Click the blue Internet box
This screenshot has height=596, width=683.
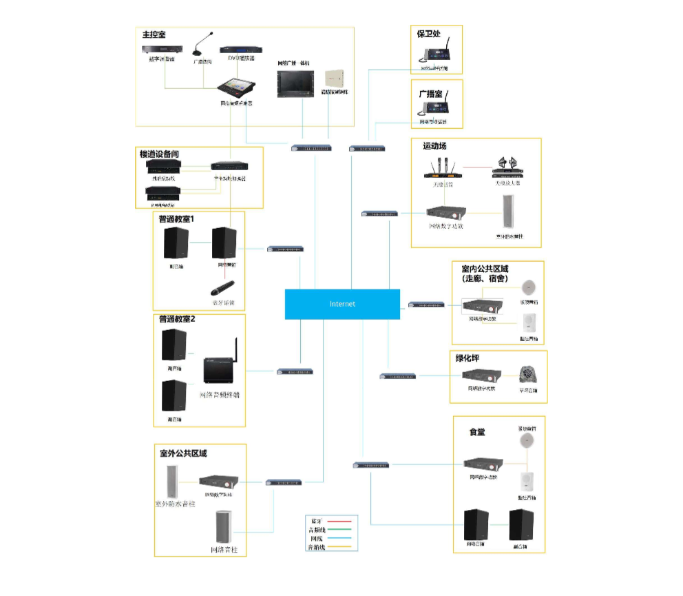tap(342, 304)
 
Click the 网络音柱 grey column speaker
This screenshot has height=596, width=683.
tap(224, 527)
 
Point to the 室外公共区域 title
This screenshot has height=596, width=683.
tap(183, 453)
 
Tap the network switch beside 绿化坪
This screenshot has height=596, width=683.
tap(397, 376)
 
